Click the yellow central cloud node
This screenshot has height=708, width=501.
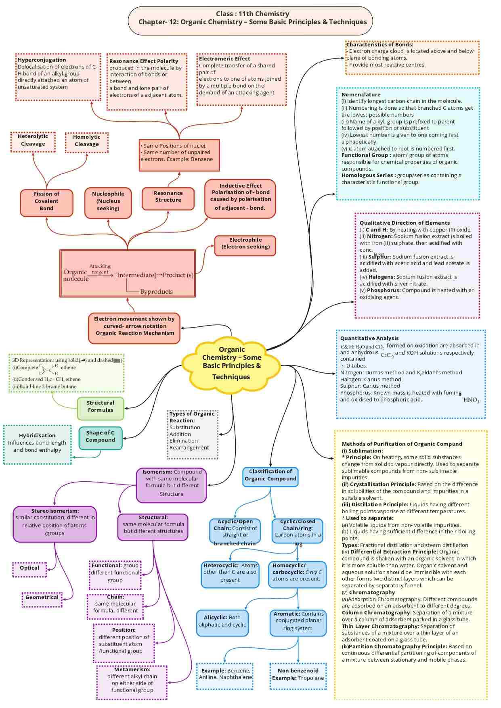click(231, 363)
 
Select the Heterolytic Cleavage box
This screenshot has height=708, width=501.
click(33, 140)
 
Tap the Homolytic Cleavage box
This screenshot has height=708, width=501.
click(86, 141)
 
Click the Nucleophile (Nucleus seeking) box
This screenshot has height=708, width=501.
click(108, 201)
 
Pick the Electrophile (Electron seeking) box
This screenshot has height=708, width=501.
click(245, 244)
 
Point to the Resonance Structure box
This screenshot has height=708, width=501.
click(168, 197)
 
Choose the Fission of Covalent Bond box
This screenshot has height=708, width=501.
click(46, 201)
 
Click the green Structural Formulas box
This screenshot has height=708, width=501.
click(101, 407)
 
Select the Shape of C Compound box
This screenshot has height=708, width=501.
click(100, 436)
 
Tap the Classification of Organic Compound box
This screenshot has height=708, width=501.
click(270, 475)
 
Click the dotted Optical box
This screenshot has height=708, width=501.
click(29, 568)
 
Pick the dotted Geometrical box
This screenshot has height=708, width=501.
click(42, 597)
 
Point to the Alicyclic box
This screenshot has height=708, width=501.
click(222, 621)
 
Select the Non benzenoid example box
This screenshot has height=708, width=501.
click(298, 675)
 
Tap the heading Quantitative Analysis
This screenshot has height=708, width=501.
click(369, 338)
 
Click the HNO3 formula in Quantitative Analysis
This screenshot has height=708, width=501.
click(471, 400)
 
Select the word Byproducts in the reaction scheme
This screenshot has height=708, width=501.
click(157, 292)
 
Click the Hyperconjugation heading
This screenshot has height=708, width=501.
click(42, 60)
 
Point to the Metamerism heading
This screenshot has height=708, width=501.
click(132, 670)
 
